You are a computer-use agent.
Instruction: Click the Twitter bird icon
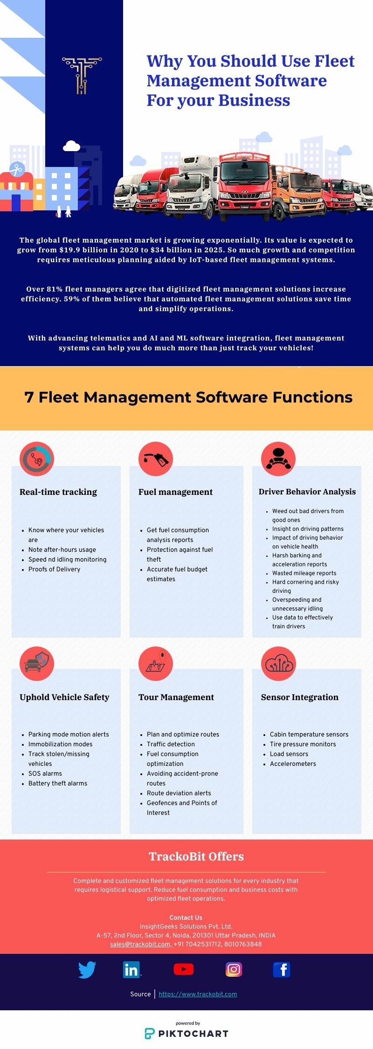(x=87, y=970)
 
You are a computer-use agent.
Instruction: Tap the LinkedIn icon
(x=131, y=970)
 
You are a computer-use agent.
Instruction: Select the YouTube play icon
(x=184, y=970)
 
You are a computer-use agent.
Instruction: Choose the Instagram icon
(x=234, y=970)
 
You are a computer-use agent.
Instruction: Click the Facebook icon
(x=282, y=970)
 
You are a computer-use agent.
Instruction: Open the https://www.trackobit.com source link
(x=198, y=994)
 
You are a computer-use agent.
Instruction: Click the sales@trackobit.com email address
(x=140, y=944)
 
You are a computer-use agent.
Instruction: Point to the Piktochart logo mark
(x=149, y=1034)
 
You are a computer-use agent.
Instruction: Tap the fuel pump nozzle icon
(x=156, y=459)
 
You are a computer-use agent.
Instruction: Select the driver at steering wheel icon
(x=278, y=459)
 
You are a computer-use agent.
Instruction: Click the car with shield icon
(x=37, y=663)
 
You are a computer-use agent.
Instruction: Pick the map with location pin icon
(x=156, y=663)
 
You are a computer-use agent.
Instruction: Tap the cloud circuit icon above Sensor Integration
(x=278, y=663)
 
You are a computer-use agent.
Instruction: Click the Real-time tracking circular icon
(x=37, y=459)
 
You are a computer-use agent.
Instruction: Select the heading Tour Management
(x=176, y=697)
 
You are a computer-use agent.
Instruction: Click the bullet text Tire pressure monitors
(x=303, y=744)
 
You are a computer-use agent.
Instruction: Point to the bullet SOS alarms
(x=45, y=773)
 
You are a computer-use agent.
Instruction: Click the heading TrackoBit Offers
(x=196, y=856)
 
